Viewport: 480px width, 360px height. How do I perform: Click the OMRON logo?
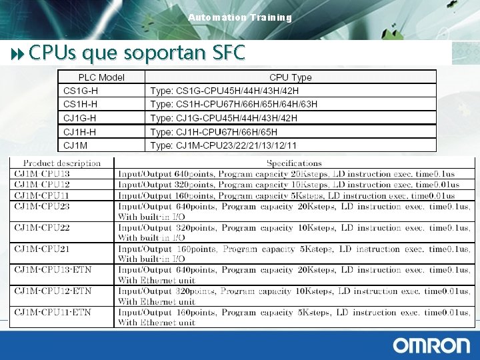tap(431, 345)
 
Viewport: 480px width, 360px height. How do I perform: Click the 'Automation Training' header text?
tap(240, 17)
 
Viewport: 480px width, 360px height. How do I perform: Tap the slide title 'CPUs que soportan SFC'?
tap(137, 52)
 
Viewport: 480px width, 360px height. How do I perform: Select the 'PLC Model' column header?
tap(101, 77)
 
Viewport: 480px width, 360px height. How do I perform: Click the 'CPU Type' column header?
tap(291, 77)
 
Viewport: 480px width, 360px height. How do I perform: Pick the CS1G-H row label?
tap(81, 91)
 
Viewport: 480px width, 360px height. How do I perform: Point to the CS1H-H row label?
tap(81, 104)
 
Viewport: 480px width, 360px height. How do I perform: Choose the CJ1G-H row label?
tap(81, 118)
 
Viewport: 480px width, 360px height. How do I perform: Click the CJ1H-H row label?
tap(81, 132)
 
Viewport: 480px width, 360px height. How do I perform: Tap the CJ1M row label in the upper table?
tap(75, 145)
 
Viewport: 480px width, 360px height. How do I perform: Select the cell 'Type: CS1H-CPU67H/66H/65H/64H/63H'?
tap(234, 104)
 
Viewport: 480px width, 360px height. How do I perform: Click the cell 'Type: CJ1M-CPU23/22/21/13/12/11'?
tap(224, 145)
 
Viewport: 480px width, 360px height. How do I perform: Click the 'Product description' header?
tap(62, 163)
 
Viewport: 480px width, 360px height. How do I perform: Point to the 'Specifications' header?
tap(294, 163)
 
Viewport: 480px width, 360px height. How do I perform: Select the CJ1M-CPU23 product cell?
tap(42, 207)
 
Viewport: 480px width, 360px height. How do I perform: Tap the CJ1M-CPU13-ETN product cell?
tap(53, 270)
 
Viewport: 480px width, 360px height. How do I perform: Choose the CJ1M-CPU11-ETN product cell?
tap(53, 312)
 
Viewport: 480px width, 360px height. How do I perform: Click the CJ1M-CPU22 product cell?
tap(42, 228)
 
